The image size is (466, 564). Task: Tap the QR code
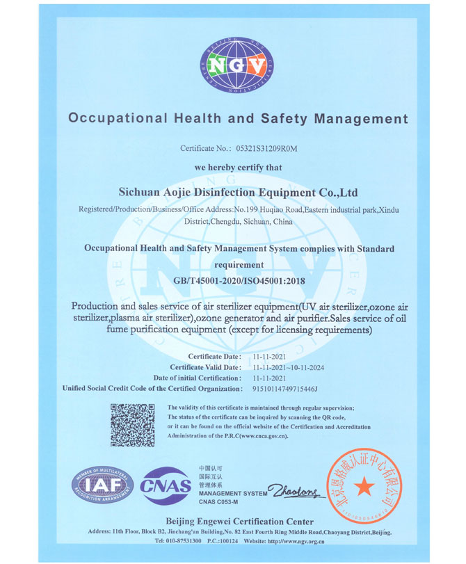(x=133, y=424)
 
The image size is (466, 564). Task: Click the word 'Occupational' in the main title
(x=112, y=118)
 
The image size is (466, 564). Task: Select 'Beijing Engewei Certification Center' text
(x=239, y=522)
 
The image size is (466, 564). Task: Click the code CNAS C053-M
(x=220, y=501)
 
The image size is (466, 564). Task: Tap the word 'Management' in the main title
(x=361, y=118)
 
